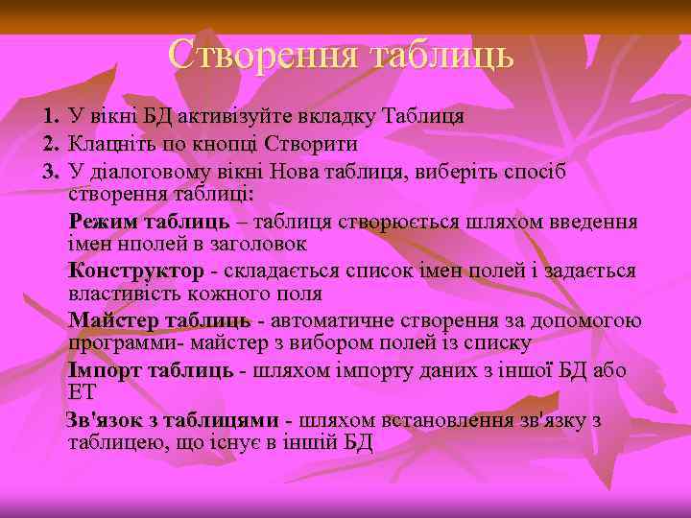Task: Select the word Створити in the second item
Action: (315, 145)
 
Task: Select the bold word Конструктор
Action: (136, 271)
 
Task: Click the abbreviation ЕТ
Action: (83, 392)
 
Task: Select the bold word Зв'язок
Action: (100, 421)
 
